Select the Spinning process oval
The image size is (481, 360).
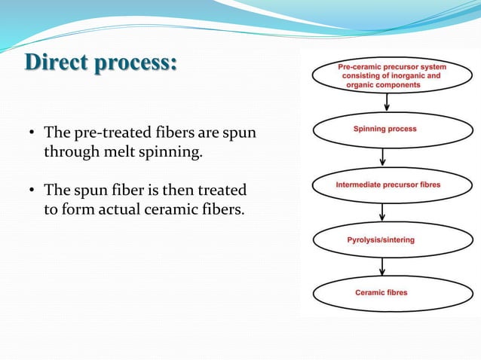tap(384, 130)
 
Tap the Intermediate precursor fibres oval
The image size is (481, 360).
tap(388, 185)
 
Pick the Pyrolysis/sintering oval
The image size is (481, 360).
tap(381, 239)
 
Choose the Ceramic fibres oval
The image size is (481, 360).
tap(381, 293)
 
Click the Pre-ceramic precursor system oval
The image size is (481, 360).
tap(391, 76)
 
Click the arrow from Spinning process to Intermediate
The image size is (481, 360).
tap(384, 157)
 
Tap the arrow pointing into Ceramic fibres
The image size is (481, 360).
tap(382, 267)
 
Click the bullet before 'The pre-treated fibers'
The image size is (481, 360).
tap(32, 134)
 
